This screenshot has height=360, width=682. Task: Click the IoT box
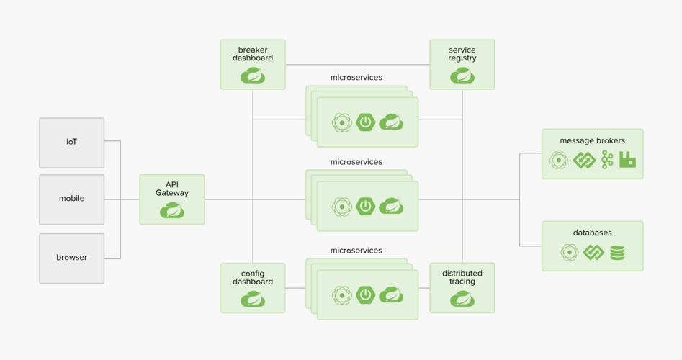(x=71, y=143)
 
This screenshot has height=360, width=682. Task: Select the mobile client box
(x=71, y=199)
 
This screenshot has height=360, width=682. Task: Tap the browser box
(x=71, y=258)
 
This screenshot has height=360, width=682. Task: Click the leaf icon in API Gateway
(x=172, y=210)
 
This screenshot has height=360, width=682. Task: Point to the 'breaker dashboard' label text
(x=253, y=54)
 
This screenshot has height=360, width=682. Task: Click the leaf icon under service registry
(x=462, y=75)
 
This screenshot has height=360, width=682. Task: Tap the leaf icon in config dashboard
(x=253, y=298)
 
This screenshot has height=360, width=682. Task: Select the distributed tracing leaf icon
(x=462, y=298)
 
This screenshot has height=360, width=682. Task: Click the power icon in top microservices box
(x=366, y=122)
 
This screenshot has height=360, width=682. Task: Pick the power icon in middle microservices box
(x=366, y=206)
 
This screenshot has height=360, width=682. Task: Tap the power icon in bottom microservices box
(x=366, y=294)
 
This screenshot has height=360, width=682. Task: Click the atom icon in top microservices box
(x=341, y=122)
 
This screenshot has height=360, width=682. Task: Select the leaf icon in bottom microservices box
(x=391, y=294)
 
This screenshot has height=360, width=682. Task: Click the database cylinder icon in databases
(x=617, y=253)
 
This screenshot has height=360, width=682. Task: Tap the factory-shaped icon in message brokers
(x=627, y=160)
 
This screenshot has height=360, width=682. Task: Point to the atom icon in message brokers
(x=559, y=160)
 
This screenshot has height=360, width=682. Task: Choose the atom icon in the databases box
(x=570, y=253)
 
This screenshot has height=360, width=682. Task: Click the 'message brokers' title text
(x=592, y=140)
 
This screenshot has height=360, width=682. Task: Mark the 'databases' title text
(x=592, y=233)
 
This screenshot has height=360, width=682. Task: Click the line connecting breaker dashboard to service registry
(x=357, y=65)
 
